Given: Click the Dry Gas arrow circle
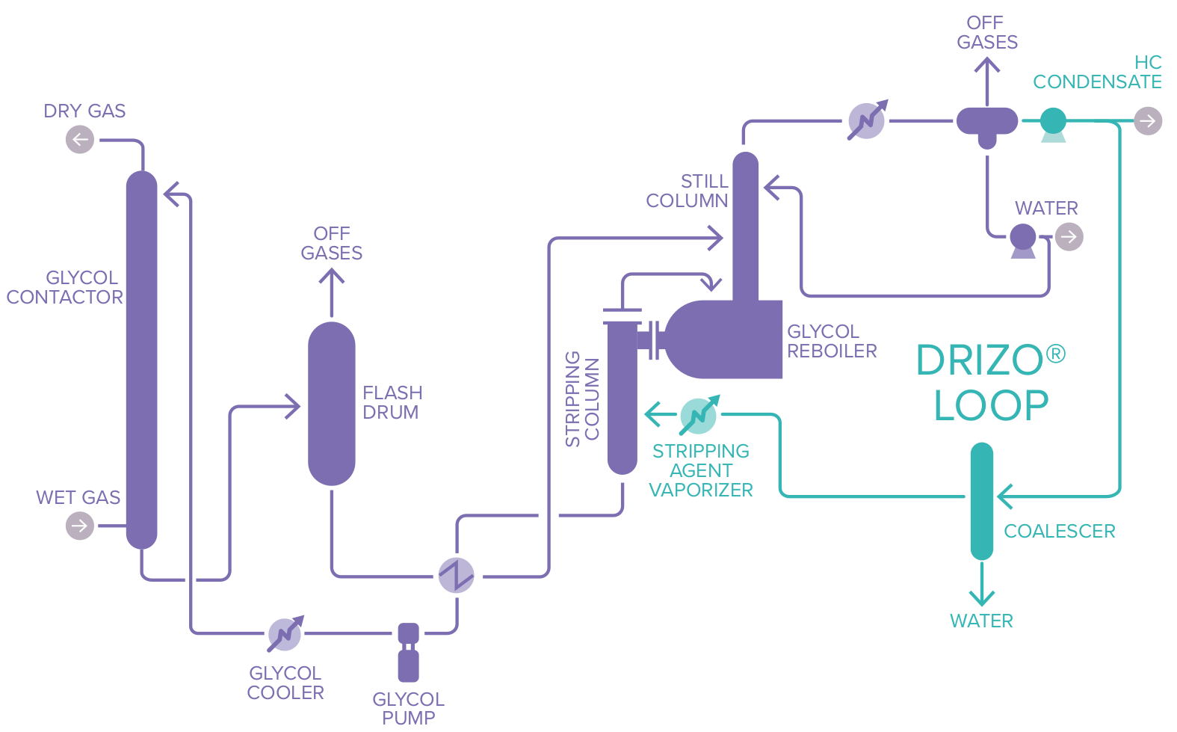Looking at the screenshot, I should (x=80, y=140).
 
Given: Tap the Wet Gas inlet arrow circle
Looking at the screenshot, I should (x=80, y=526).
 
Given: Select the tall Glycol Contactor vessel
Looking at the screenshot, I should (x=142, y=359).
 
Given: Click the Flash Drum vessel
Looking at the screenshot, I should (x=332, y=404).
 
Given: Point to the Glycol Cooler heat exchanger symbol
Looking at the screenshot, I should (x=285, y=635).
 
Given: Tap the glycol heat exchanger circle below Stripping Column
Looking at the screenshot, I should (x=456, y=575).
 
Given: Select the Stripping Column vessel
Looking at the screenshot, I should (x=622, y=396).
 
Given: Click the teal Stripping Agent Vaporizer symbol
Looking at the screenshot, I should (x=699, y=416).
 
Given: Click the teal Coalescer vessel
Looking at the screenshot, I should (x=981, y=501).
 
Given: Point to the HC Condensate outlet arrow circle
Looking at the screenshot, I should (x=1148, y=120).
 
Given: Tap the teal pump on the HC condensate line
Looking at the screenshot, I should (x=1053, y=122).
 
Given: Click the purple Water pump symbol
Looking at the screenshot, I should (x=1023, y=239).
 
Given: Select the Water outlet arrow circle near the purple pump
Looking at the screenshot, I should (x=1069, y=237).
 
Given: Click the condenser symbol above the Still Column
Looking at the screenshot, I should (x=867, y=120).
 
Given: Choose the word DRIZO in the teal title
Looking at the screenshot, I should (x=980, y=360).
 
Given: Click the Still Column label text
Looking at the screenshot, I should (x=688, y=191).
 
